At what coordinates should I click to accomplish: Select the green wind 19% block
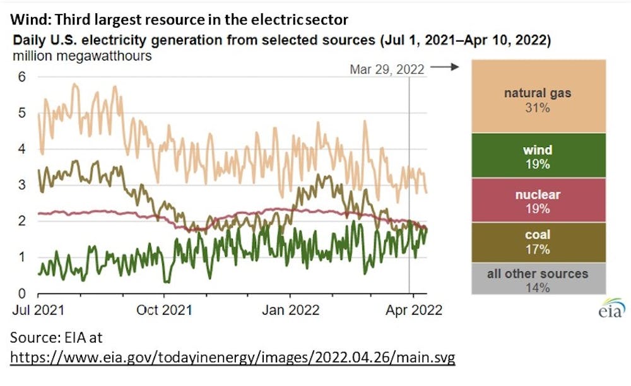click(538, 155)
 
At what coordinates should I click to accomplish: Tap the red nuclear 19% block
click(538, 199)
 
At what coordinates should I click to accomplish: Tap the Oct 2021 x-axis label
click(165, 310)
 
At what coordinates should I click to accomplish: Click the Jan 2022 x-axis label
click(290, 310)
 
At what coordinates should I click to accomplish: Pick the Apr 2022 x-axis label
click(414, 310)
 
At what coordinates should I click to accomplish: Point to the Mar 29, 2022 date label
click(387, 69)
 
